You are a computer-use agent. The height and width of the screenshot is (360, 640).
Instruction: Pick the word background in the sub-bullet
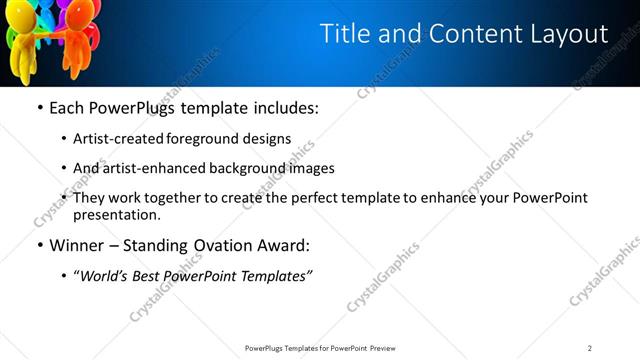244,169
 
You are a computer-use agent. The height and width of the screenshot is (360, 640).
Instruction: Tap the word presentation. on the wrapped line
117,214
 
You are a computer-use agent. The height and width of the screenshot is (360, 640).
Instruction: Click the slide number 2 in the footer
590,348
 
